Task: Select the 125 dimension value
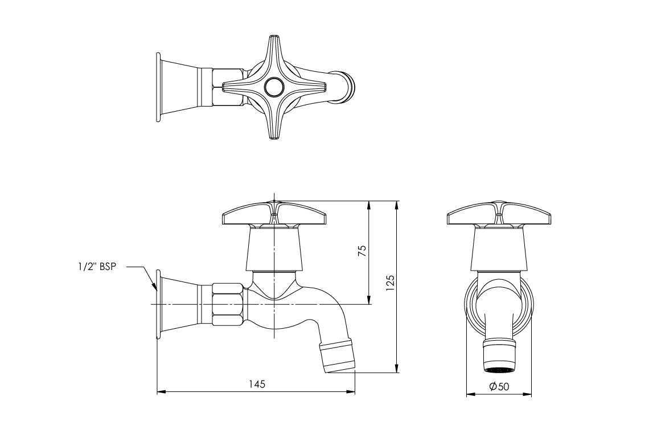tap(390, 282)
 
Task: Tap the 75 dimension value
tap(362, 251)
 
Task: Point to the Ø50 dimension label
tap(499, 386)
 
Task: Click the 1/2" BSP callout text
tap(97, 267)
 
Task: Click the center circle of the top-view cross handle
tap(273, 87)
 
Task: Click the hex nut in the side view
tap(228, 304)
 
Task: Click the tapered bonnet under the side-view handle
tap(274, 249)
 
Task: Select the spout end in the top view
tap(346, 88)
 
